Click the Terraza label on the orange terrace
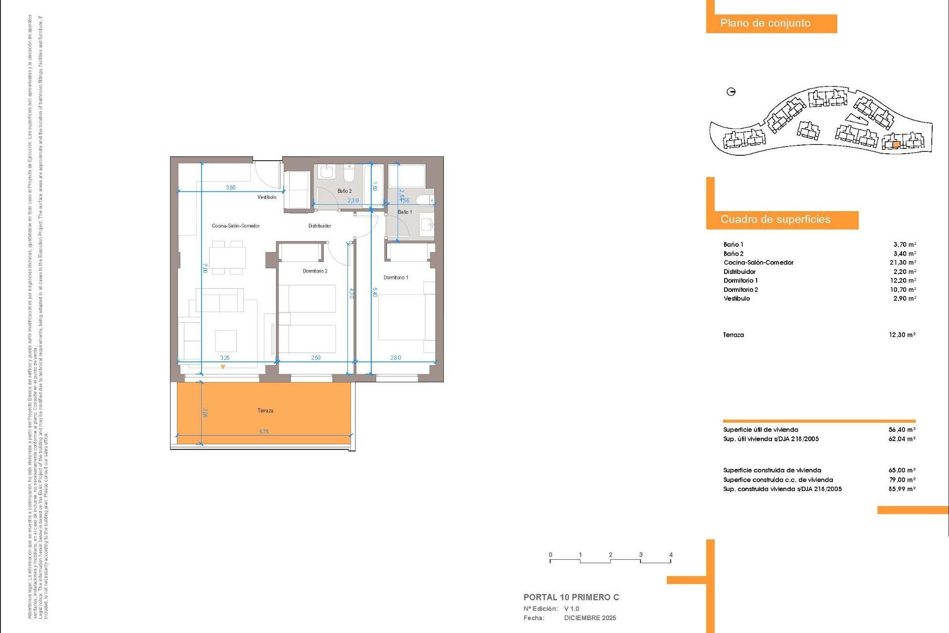point(265,410)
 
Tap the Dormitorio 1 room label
point(396,277)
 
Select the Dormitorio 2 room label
point(315,271)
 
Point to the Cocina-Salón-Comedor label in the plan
point(236,226)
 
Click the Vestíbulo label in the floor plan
point(267,197)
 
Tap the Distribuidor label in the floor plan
point(320,226)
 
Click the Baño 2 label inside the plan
point(345,191)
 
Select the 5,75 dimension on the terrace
point(264,432)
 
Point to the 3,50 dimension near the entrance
point(231,188)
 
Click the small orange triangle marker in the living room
point(223,367)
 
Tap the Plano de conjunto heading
point(765,23)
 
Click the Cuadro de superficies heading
point(775,220)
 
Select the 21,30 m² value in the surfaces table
point(903,263)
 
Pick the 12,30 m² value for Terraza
point(902,335)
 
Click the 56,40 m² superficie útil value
point(902,430)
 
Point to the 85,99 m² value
point(902,489)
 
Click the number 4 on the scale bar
point(671,555)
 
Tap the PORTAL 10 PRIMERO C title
point(571,597)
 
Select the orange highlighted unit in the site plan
point(896,145)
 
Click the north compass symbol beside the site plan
point(732,91)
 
